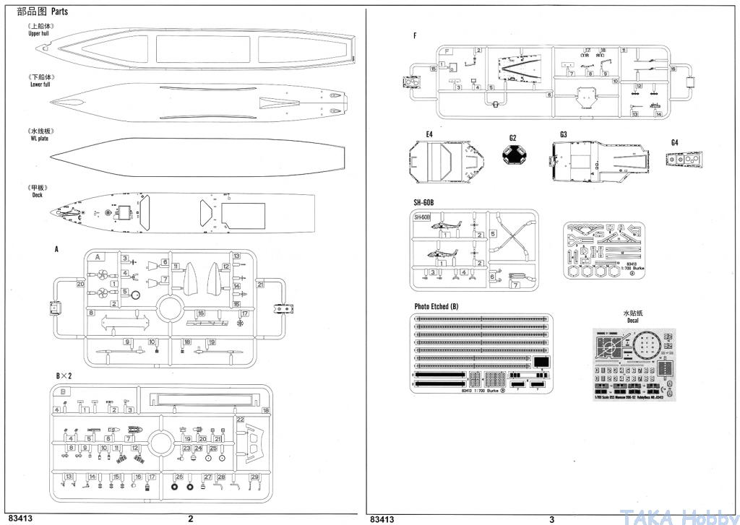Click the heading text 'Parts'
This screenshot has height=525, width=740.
click(59, 12)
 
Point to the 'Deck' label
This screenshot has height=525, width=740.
click(38, 195)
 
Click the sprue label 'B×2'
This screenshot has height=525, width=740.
click(64, 376)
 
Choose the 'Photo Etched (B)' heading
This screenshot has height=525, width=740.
click(436, 306)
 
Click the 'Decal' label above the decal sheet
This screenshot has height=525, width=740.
click(632, 321)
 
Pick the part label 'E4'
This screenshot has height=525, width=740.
click(429, 134)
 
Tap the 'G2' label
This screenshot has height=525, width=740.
click(512, 137)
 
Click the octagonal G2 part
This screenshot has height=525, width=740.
click(512, 155)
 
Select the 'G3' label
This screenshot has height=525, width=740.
click(563, 134)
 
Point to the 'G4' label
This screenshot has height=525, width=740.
click(674, 142)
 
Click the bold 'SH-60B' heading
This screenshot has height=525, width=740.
click(423, 202)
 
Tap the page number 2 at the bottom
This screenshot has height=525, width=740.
click(190, 518)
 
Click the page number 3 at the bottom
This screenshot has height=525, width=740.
click(551, 518)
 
